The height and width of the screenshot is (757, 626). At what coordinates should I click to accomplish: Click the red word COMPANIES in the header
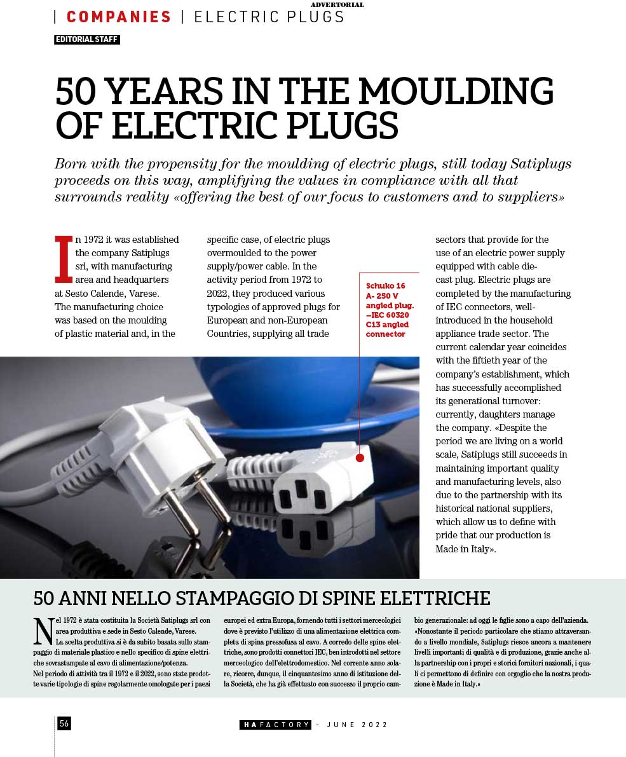point(119,17)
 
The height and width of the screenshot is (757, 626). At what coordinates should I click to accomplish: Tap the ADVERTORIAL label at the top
point(337,5)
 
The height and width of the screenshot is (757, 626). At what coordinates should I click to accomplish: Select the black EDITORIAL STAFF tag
point(87,39)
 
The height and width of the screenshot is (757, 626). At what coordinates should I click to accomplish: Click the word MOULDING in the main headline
point(457,92)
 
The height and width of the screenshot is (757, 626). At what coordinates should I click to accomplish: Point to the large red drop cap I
point(64,259)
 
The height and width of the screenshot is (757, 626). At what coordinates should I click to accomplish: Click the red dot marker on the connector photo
point(360,458)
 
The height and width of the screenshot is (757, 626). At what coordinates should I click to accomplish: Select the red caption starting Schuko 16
point(389,310)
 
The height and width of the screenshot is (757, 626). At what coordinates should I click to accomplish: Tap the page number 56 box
point(64,723)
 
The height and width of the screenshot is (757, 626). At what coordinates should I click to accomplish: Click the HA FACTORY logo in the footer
point(275,725)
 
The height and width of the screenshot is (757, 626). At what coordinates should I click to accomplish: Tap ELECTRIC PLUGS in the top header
point(269,17)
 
